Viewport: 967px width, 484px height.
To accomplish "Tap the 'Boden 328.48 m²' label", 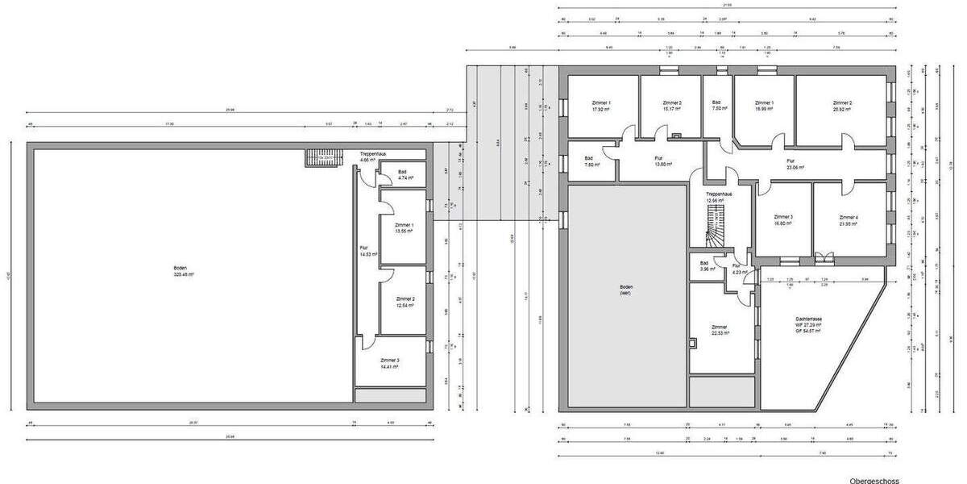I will point(184,271).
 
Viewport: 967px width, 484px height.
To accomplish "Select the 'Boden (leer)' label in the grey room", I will point(626,290).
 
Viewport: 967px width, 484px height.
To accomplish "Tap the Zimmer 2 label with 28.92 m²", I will point(842,106).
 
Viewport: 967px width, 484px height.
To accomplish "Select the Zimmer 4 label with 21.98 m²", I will point(849,220).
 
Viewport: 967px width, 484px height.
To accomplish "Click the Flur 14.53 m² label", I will point(364,251).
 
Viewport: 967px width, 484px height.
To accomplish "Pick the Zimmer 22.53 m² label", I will point(720,330).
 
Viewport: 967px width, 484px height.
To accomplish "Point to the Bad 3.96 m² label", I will point(703,266).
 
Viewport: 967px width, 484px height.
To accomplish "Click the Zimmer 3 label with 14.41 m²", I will point(390,363).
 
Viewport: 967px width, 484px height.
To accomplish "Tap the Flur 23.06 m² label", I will point(796,164).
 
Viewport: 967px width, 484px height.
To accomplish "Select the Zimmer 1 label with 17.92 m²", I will point(601,106).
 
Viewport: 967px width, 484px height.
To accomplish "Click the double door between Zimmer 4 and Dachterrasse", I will point(822,259).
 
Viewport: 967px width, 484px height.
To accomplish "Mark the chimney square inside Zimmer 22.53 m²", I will point(693,344).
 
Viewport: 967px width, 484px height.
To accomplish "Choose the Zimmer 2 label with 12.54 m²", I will point(405,302).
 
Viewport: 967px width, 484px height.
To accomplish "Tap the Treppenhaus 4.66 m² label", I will point(372,156).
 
